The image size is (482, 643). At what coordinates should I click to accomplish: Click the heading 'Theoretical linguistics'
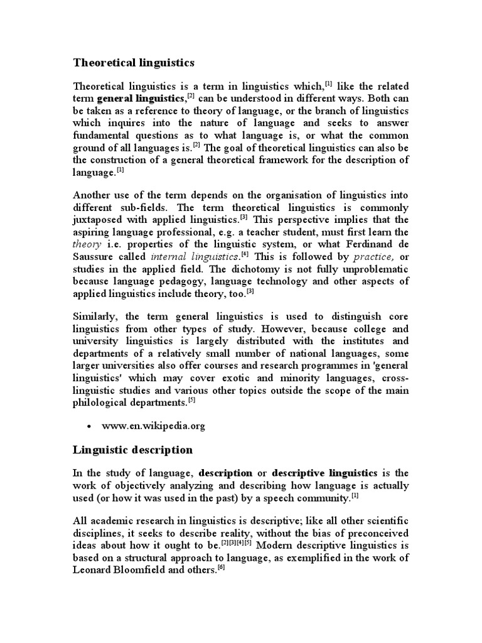(x=134, y=63)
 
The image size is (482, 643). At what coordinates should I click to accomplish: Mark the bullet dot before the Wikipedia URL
(x=89, y=426)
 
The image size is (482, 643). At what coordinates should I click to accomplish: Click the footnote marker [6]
(x=221, y=561)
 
